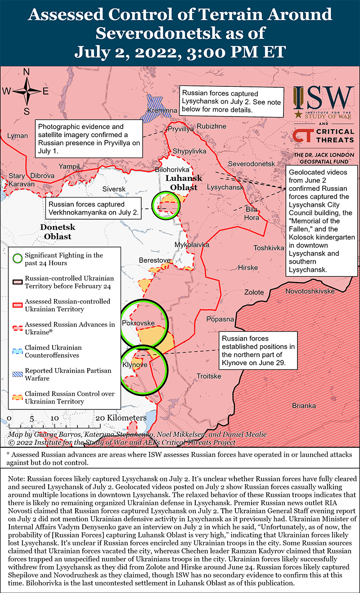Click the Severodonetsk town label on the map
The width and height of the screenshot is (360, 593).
[251, 163]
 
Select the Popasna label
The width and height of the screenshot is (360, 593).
[220, 319]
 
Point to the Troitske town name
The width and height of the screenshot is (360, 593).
[209, 376]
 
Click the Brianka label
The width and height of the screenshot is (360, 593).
[304, 405]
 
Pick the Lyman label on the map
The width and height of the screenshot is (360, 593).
[18, 135]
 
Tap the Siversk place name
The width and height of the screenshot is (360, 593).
[114, 189]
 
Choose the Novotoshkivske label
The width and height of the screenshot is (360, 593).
[310, 291]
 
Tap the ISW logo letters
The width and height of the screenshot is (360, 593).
[323, 96]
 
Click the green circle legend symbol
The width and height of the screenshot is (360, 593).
[17, 259]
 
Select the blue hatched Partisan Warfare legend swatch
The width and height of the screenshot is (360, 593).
[17, 374]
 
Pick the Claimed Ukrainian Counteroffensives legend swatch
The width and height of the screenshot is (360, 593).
[17, 351]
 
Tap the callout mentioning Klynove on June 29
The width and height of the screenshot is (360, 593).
[258, 350]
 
